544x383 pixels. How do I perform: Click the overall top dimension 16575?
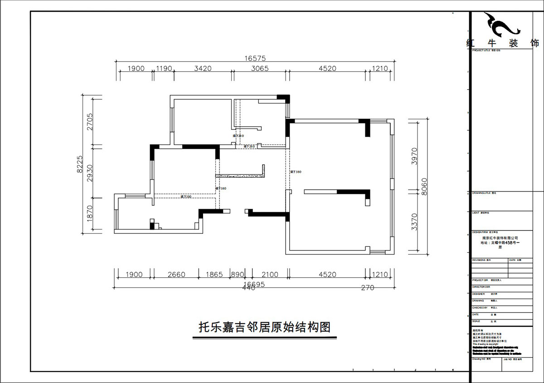pyautogui.click(x=254, y=58)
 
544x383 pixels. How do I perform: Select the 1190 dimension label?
pyautogui.click(x=164, y=69)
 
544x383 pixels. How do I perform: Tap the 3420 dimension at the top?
pyautogui.click(x=203, y=69)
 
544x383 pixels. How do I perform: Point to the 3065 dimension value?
pyautogui.click(x=260, y=69)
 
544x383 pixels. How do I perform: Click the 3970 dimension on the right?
pyautogui.click(x=414, y=155)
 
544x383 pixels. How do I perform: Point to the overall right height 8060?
pyautogui.click(x=424, y=186)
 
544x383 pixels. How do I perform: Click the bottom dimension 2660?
pyautogui.click(x=176, y=275)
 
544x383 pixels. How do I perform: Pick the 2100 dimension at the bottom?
pyautogui.click(x=270, y=275)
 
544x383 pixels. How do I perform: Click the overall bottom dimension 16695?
pyautogui.click(x=254, y=284)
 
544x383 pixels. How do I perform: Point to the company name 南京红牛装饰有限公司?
pyautogui.click(x=500, y=238)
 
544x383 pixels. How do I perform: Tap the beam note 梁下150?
pyautogui.click(x=186, y=197)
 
